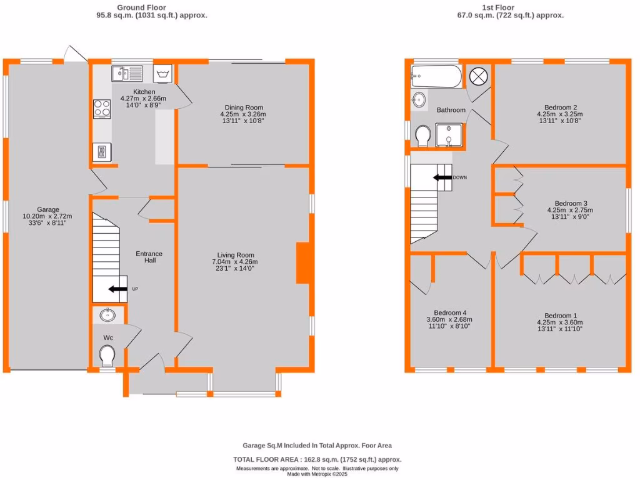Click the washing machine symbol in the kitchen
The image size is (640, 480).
click(x=162, y=74)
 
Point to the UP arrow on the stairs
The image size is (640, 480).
click(x=116, y=289)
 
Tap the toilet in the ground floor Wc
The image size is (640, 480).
click(x=107, y=356)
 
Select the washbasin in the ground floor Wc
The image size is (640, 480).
click(x=107, y=315)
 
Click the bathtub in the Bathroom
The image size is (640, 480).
click(x=436, y=77)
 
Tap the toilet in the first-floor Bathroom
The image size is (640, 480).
click(x=423, y=135)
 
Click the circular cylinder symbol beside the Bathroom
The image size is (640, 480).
click(x=478, y=76)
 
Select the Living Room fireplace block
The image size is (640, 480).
click(x=302, y=263)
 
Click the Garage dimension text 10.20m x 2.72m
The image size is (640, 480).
click(x=47, y=217)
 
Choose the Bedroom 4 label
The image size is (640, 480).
click(x=450, y=313)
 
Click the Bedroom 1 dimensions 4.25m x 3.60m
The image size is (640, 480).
click(x=559, y=322)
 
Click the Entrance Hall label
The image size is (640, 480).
click(x=149, y=257)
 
